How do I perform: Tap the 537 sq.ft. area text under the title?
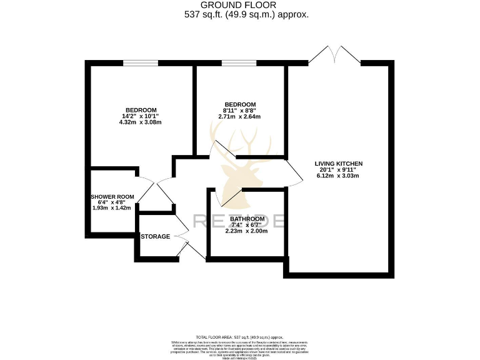click(246, 14)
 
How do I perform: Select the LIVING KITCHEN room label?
click(338, 163)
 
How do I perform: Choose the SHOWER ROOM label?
click(112, 196)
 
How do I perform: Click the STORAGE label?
click(155, 237)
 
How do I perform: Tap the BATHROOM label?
click(246, 219)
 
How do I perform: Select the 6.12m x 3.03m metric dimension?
click(338, 176)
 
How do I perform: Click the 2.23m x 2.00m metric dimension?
click(246, 231)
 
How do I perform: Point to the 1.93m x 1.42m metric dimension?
click(112, 207)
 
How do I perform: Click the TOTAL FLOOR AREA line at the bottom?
click(240, 336)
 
